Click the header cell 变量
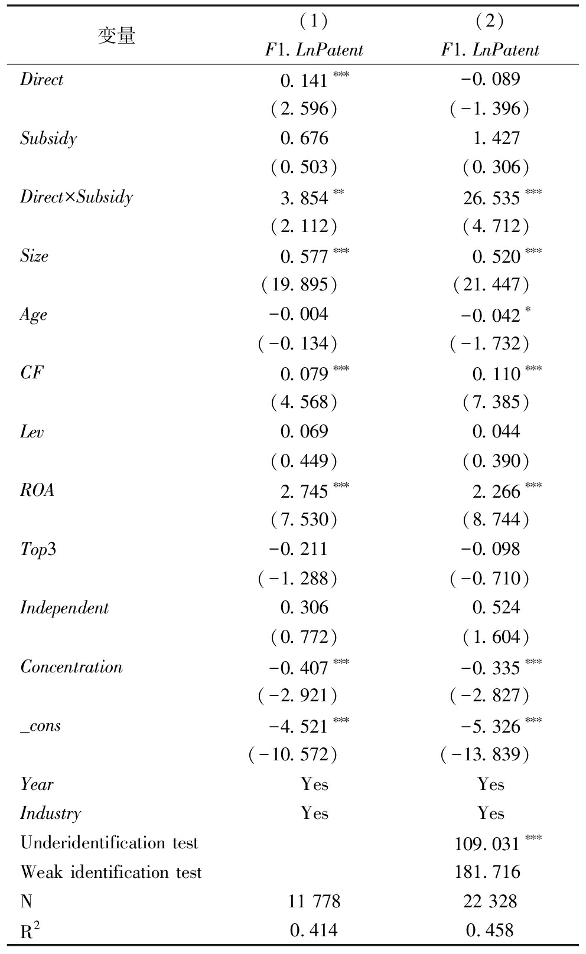tap(116, 36)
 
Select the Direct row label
tap(41, 80)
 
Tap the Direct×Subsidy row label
tap(76, 197)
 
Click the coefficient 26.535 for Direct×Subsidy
tap(491, 198)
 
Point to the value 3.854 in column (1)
tap(304, 198)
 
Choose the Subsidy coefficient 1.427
tap(496, 139)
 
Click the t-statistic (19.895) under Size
tap(299, 285)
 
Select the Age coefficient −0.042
tap(491, 315)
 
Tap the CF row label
tap(32, 373)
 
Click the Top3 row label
tap(38, 550)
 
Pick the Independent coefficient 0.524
tap(496, 608)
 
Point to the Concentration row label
tap(71, 667)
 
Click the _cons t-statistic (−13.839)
tap(485, 754)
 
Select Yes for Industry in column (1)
tap(314, 813)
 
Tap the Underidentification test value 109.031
tap(487, 843)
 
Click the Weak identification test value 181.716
tap(487, 873)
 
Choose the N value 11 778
tap(314, 901)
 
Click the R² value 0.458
tap(490, 931)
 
